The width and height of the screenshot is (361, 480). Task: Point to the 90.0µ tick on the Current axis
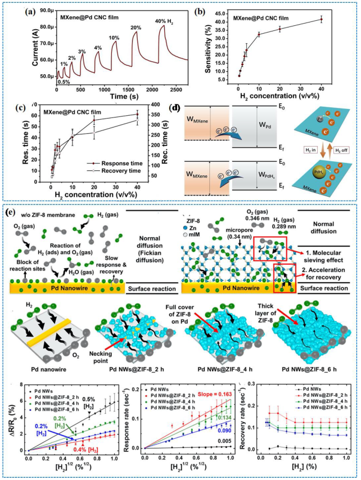(45, 10)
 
